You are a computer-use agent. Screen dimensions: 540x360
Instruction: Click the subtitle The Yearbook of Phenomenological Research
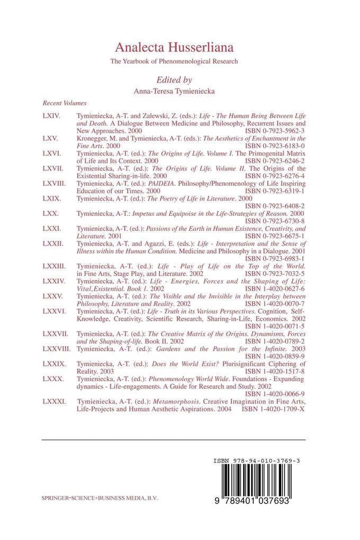pyautogui.click(x=174, y=61)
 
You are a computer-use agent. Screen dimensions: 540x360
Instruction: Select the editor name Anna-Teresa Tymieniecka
pyautogui.click(x=174, y=91)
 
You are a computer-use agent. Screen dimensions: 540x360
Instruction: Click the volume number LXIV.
pyautogui.click(x=51, y=115)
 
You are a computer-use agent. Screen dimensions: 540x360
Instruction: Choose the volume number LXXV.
pyautogui.click(x=52, y=298)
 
